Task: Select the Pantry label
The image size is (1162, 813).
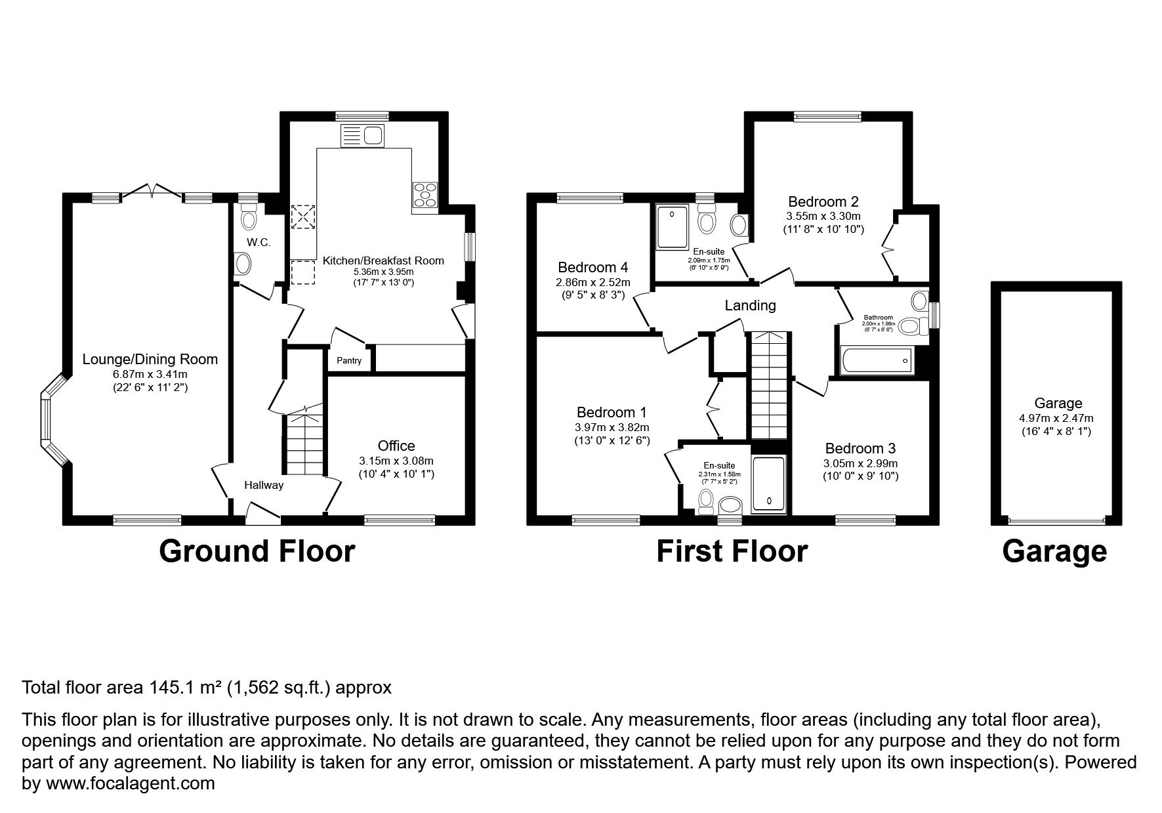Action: coord(349,361)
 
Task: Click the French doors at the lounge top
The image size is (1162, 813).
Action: coord(152,191)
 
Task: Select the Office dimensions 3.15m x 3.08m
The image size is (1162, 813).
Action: coord(396,461)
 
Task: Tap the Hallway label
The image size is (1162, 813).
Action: coord(264,486)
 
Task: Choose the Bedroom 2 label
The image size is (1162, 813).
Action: coord(823,201)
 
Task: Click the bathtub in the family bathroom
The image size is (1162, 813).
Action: coord(876,361)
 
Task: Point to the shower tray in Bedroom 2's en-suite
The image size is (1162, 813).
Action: coord(673,226)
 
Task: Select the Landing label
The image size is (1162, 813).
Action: coord(750,305)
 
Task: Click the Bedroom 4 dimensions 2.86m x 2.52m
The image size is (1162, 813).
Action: coord(592,282)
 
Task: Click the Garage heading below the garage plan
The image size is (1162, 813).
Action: coord(1054,552)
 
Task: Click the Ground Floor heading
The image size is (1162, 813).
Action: coord(257,552)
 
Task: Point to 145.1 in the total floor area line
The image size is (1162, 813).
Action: coord(172,688)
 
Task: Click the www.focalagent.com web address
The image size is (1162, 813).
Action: coord(129,783)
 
